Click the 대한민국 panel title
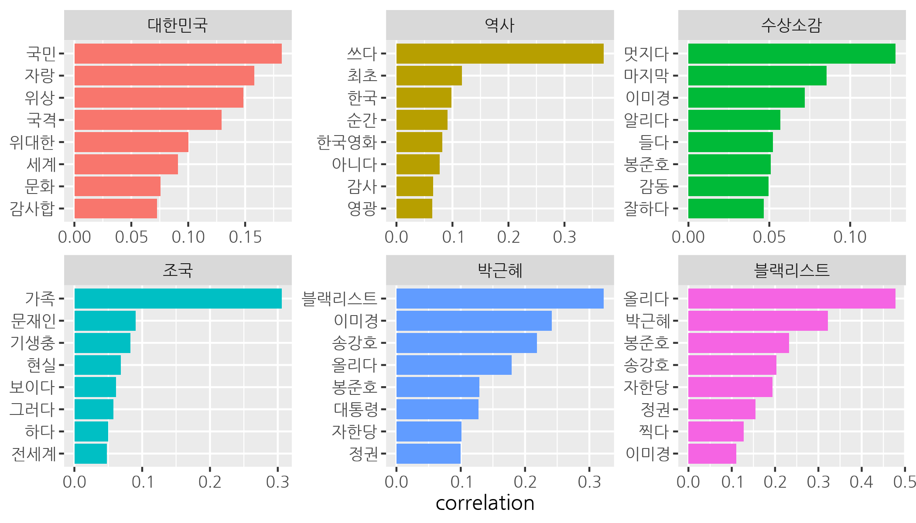click(x=178, y=25)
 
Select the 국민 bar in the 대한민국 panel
click(x=178, y=54)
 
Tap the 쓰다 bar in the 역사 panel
click(x=500, y=54)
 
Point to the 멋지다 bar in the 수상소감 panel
click(x=792, y=54)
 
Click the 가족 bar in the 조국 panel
click(x=178, y=299)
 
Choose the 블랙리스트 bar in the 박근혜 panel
click(x=500, y=299)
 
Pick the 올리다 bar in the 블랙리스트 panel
click(x=792, y=299)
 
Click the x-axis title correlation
click(x=485, y=503)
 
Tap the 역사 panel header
click(x=500, y=25)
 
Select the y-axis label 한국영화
click(x=347, y=142)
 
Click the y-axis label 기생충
click(x=33, y=343)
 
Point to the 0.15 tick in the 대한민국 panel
click(x=245, y=237)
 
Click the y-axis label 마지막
click(x=646, y=76)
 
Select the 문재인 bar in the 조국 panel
click(x=105, y=321)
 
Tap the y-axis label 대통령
click(x=356, y=409)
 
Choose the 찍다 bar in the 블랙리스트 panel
click(x=716, y=431)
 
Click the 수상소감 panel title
click(x=792, y=25)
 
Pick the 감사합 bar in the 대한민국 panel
click(x=116, y=208)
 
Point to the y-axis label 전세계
click(x=34, y=454)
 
